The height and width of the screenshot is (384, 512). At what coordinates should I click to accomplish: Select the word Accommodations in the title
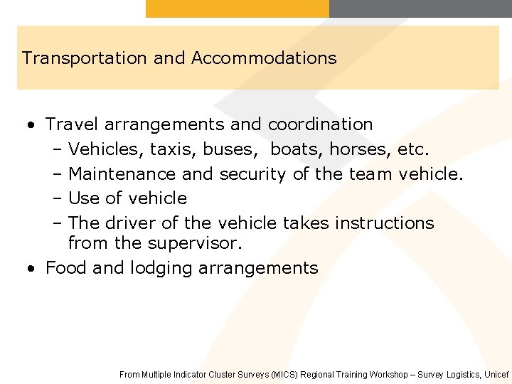point(264,58)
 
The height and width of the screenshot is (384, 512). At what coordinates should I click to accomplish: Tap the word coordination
point(320,124)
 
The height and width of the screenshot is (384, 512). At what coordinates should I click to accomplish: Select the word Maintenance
point(122,174)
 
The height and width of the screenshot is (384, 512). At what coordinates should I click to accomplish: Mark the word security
point(252,174)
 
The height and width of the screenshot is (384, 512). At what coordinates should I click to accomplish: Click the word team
point(369,174)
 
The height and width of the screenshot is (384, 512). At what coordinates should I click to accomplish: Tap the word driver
point(131,223)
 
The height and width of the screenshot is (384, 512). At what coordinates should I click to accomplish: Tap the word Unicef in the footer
point(496,374)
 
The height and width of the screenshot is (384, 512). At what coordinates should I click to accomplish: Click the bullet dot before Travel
point(30,126)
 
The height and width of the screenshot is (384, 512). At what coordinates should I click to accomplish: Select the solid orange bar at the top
point(238,9)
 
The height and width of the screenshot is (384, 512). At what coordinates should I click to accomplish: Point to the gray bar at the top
point(420,9)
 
